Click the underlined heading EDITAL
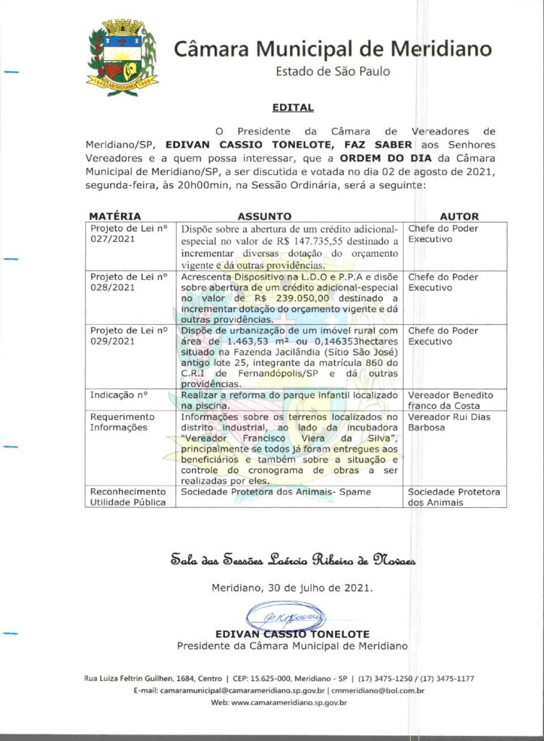point(292,108)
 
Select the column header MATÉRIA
point(115,216)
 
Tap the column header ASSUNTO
point(265,216)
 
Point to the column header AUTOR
point(459,216)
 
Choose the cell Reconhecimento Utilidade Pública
point(128,497)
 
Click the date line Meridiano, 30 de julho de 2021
point(292,588)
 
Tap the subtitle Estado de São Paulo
point(333,72)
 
